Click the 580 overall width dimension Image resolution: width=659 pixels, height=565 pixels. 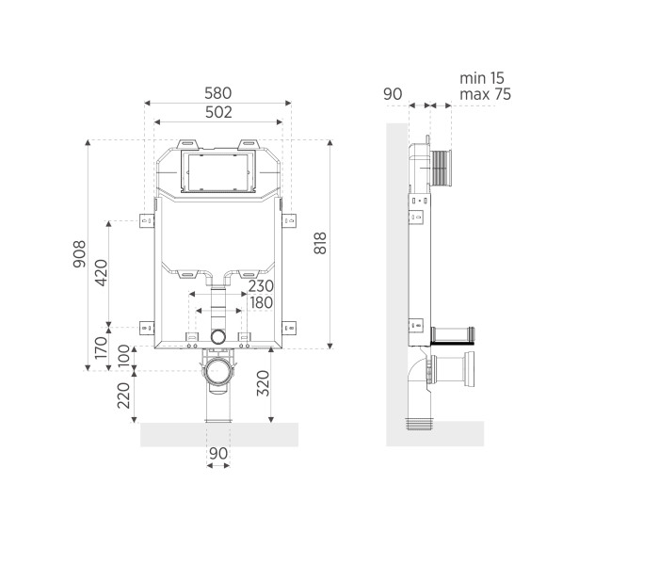coord(217,93)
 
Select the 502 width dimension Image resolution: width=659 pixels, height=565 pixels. coord(217,112)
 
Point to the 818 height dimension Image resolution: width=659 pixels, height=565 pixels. coord(320,244)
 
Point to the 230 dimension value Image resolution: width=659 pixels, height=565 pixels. coord(261,286)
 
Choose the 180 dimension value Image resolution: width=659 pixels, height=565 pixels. coord(261,302)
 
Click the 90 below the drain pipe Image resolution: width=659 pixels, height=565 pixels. coord(217,453)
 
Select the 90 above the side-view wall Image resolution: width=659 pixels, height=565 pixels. coord(394,94)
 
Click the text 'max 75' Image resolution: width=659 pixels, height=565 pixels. coord(485,94)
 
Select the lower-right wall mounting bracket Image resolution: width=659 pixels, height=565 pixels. coord(290,328)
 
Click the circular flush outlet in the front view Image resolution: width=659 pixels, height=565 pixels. coord(218,336)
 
